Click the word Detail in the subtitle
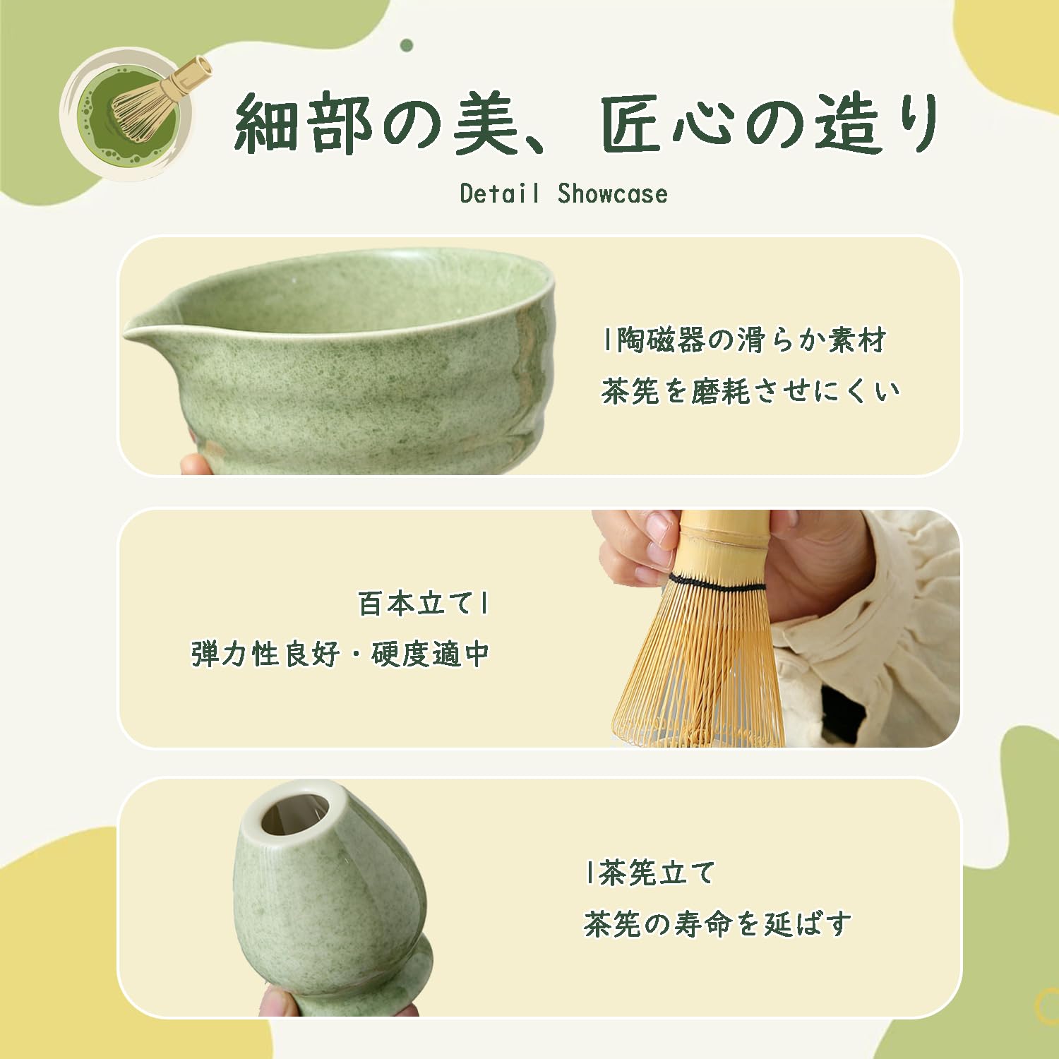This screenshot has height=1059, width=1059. [500, 193]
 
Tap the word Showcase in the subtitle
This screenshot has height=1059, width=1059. [612, 193]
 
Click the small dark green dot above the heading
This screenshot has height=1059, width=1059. [406, 45]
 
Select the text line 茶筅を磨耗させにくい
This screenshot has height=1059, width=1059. [750, 391]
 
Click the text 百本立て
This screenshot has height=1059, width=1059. [415, 604]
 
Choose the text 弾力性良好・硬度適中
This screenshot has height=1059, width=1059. [340, 654]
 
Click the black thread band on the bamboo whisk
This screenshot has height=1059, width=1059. [716, 584]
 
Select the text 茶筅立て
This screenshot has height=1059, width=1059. [657, 873]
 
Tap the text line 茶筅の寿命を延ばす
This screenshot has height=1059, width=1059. [717, 923]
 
